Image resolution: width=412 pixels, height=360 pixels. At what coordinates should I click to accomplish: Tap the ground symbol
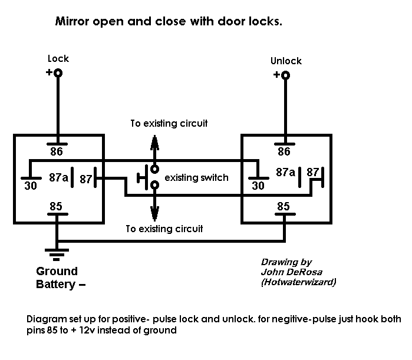click(x=57, y=255)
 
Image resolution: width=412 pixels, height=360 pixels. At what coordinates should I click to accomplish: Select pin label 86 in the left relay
click(x=57, y=151)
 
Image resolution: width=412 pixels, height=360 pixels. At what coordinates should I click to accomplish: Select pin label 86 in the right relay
click(x=284, y=151)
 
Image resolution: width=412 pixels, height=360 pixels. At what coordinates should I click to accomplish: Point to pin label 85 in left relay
click(x=56, y=206)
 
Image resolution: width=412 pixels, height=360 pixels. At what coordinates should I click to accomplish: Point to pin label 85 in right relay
click(x=284, y=206)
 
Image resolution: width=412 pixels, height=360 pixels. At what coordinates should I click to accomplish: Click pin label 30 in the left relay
click(x=31, y=186)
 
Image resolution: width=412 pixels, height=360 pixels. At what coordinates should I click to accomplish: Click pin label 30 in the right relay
click(x=258, y=186)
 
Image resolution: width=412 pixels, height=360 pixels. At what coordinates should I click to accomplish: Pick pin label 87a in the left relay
click(x=58, y=177)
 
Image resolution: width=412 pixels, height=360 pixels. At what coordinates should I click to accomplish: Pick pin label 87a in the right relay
click(x=286, y=172)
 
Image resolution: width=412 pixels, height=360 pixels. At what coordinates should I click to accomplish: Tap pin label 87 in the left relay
click(x=86, y=179)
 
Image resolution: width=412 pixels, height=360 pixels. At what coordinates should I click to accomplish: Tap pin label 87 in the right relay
click(x=313, y=172)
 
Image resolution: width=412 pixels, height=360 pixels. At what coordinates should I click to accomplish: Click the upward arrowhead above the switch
click(x=155, y=143)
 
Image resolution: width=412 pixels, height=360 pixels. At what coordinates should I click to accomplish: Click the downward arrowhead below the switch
click(x=155, y=213)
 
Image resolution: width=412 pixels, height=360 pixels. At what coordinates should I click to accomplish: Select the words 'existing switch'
click(x=196, y=178)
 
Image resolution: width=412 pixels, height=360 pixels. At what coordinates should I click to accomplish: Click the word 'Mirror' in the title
click(x=72, y=21)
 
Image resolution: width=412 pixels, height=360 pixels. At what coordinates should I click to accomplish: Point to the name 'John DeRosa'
click(x=291, y=272)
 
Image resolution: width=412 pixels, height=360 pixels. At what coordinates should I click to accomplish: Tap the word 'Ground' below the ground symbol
click(x=57, y=271)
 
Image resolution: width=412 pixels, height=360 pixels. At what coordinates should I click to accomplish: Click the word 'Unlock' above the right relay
click(x=286, y=61)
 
